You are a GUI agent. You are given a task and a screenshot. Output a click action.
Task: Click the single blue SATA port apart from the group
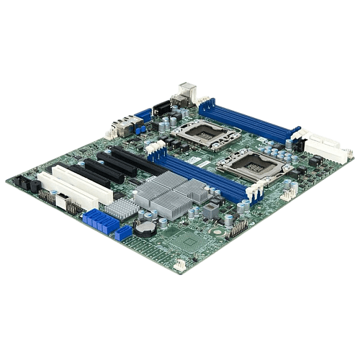click(x=123, y=234)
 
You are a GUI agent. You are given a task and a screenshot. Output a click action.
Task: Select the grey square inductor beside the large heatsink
click(x=210, y=210)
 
